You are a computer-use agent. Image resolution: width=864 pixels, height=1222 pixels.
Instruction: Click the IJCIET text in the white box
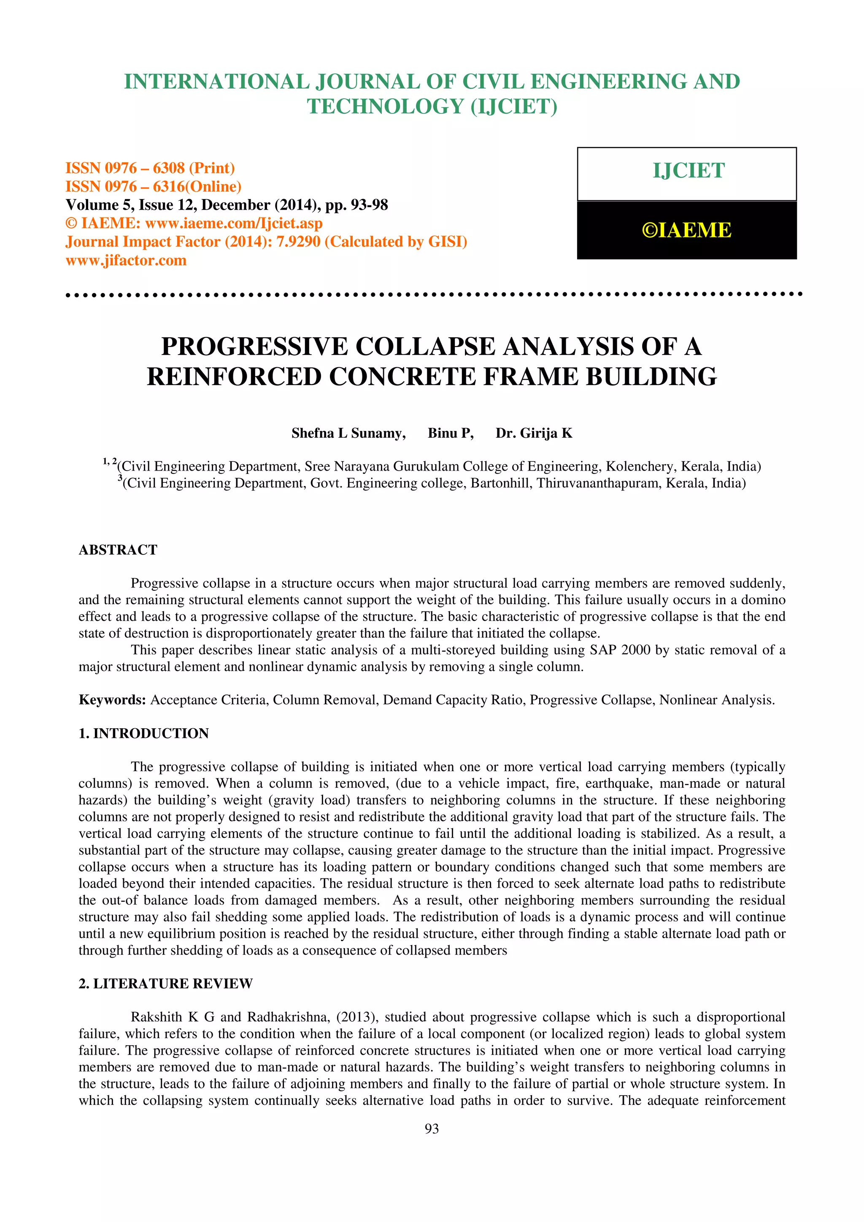688,171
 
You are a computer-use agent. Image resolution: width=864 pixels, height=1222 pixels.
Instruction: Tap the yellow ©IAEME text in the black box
687,230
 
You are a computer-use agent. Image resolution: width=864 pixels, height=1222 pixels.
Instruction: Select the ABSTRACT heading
118,550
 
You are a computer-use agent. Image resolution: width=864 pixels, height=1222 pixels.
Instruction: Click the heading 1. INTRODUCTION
144,733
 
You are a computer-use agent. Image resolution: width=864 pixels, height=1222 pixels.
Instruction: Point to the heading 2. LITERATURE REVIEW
165,984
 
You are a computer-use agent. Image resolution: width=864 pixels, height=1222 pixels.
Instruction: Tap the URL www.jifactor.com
126,260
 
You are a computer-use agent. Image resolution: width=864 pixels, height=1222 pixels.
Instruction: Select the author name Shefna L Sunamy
348,433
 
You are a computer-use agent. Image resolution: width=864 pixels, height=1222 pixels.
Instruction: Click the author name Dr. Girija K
534,433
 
